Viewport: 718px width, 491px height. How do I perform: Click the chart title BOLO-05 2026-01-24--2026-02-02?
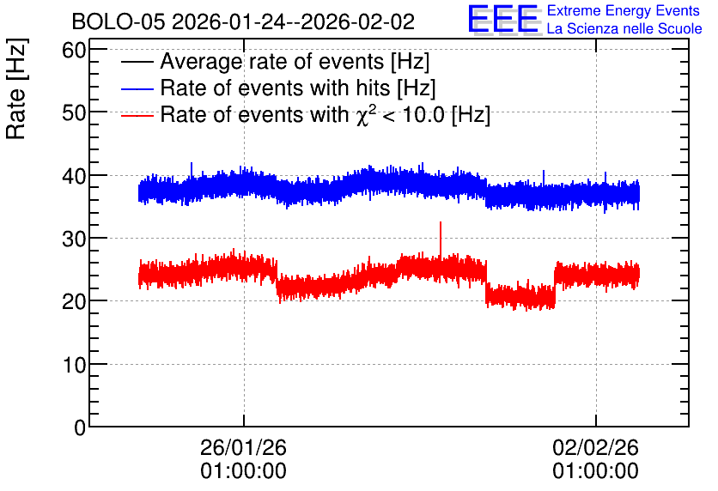point(243,22)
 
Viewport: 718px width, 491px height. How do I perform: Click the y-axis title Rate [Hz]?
point(16,88)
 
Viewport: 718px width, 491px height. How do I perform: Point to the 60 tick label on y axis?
point(74,50)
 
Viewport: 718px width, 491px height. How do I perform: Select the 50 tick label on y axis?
point(74,112)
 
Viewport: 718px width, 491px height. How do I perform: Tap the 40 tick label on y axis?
point(74,176)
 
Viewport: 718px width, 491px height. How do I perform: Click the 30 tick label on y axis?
point(74,239)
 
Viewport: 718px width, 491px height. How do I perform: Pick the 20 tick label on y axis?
point(74,301)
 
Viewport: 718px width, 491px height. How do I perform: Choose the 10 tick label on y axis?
point(74,365)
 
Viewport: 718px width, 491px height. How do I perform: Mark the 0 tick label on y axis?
point(80,427)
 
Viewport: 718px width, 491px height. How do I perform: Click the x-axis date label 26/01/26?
point(243,447)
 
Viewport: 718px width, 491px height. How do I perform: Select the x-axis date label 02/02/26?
point(595,447)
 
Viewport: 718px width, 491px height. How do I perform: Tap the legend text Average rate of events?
point(272,61)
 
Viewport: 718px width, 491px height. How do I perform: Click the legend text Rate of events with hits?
point(275,88)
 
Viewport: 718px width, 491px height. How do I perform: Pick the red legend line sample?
point(137,116)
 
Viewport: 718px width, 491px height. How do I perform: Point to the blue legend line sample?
point(137,88)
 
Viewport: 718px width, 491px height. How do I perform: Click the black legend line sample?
point(137,62)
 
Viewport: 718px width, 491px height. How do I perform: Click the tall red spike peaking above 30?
point(441,240)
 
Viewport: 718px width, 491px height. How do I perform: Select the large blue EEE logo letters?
point(503,20)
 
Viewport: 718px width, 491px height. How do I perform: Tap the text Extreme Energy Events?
point(624,10)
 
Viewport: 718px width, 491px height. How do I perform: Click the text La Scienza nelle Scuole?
point(624,28)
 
